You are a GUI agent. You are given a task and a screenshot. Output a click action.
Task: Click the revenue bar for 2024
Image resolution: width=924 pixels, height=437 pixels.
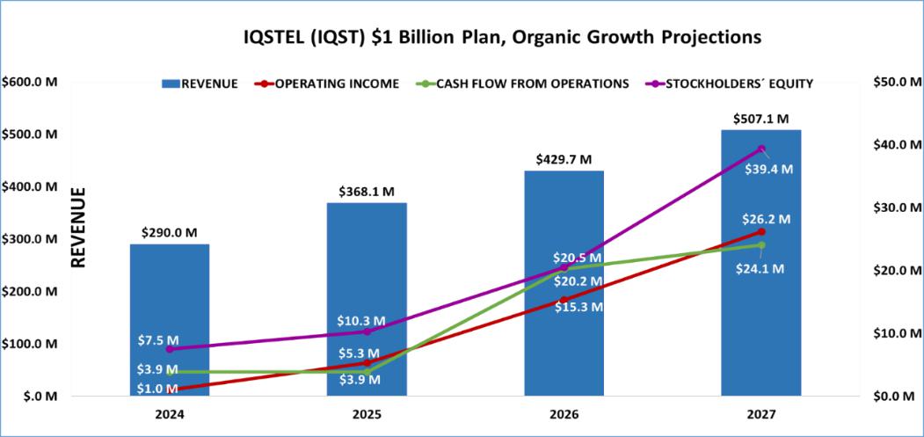click(170, 320)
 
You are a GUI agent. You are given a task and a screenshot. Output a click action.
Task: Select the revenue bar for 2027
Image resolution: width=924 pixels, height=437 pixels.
click(760, 262)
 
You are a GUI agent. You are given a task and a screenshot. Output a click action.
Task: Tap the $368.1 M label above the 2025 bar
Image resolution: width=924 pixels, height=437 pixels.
click(367, 193)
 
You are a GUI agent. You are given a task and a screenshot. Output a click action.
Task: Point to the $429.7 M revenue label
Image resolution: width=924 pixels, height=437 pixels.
click(564, 160)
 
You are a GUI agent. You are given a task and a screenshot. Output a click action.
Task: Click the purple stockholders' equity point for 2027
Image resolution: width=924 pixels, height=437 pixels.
click(761, 149)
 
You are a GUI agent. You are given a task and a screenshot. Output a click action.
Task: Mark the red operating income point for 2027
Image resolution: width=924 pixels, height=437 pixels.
click(761, 232)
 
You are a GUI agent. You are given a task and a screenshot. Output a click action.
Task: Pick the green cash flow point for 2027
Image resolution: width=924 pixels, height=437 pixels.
click(761, 244)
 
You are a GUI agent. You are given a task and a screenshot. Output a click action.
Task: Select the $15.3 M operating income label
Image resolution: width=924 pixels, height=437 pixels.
click(578, 307)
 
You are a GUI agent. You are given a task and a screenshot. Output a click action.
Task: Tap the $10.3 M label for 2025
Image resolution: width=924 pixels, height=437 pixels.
click(361, 321)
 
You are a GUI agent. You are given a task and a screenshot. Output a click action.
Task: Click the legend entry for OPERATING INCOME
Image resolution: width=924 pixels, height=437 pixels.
click(329, 84)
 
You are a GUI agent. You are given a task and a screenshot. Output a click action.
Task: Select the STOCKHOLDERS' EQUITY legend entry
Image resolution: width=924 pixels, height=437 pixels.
click(731, 84)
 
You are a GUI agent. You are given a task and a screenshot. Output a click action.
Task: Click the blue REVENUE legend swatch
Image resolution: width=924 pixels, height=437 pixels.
click(171, 84)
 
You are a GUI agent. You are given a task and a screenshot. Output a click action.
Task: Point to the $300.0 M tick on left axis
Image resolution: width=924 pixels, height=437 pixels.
click(30, 239)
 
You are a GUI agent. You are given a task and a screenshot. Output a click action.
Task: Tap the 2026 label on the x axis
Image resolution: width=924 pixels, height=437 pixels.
click(564, 415)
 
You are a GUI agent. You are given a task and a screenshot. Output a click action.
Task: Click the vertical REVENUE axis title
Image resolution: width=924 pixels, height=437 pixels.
click(78, 228)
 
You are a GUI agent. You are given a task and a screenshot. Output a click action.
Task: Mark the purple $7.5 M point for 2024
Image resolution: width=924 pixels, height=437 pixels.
click(170, 349)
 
